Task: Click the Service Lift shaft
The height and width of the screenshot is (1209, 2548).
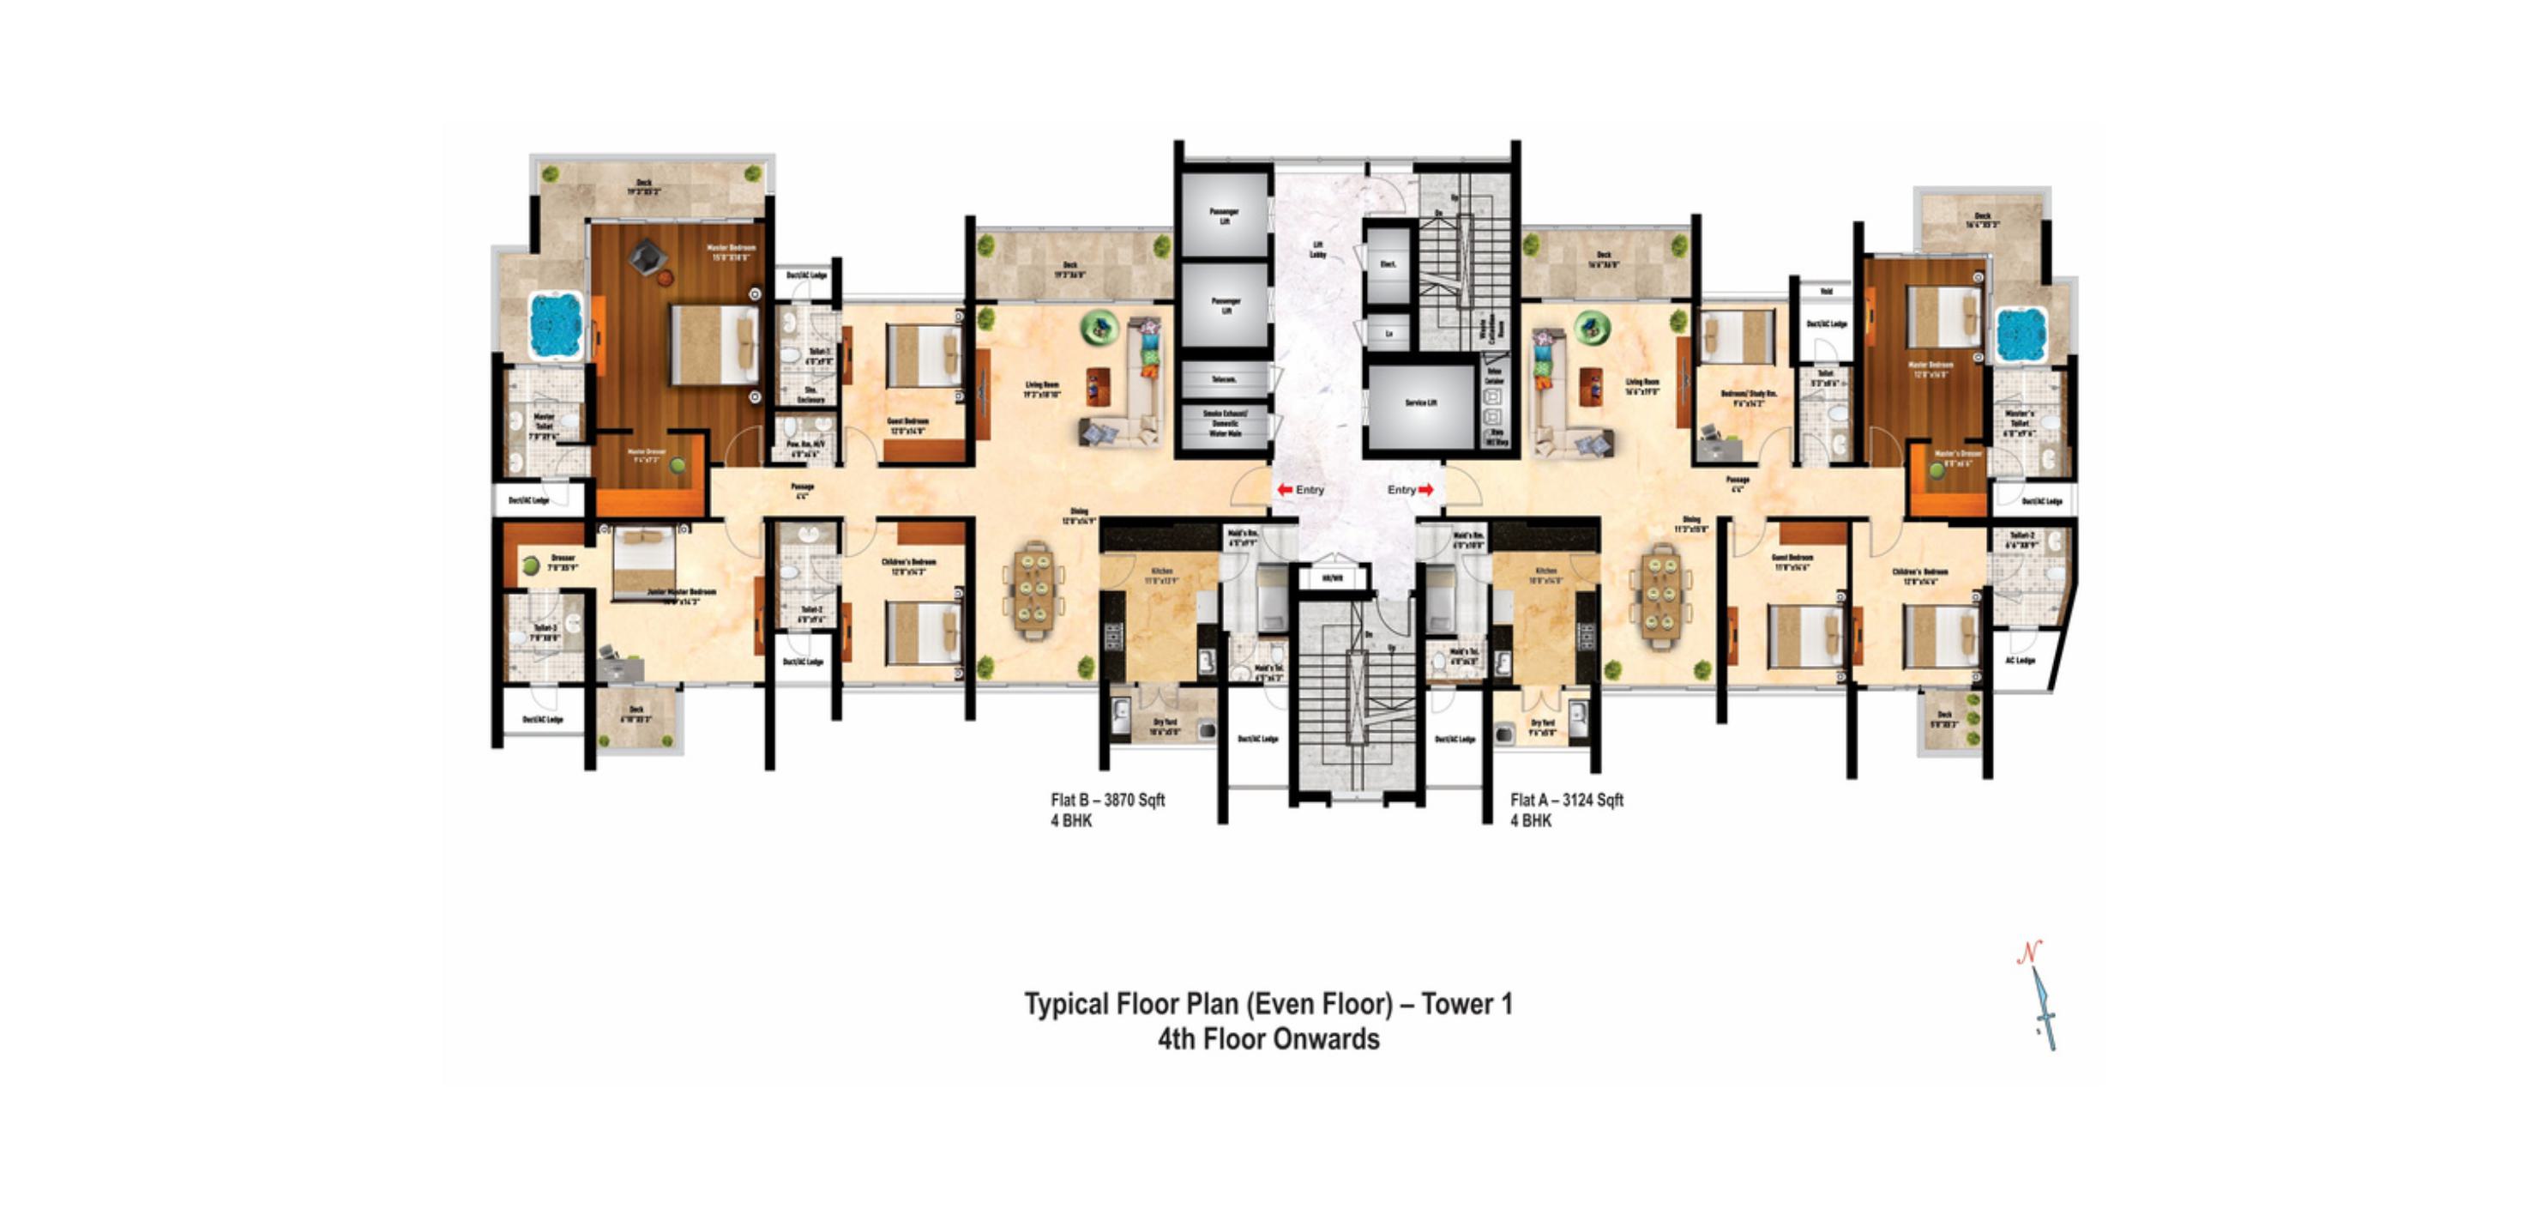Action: pos(1420,403)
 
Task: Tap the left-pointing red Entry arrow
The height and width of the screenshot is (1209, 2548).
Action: pos(1284,490)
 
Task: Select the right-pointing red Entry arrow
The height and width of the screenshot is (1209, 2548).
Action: pos(1426,490)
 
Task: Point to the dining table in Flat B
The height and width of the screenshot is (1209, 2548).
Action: pos(1033,590)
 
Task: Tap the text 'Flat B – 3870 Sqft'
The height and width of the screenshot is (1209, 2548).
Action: pos(1107,800)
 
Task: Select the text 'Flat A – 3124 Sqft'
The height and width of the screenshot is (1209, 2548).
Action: pos(1567,800)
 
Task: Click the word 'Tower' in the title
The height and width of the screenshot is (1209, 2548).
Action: pos(1458,1004)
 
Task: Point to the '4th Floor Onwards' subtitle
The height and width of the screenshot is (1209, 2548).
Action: pos(1268,1040)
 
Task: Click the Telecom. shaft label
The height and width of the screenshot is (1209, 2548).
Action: pos(1225,380)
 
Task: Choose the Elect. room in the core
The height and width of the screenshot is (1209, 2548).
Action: pos(1387,265)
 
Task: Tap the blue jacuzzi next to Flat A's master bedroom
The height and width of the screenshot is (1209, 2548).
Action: pos(2020,334)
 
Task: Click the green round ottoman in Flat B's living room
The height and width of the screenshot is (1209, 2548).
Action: pos(1098,328)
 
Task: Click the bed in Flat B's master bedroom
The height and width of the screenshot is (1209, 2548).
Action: pos(714,343)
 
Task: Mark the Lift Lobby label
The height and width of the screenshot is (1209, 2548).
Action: pos(1317,250)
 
